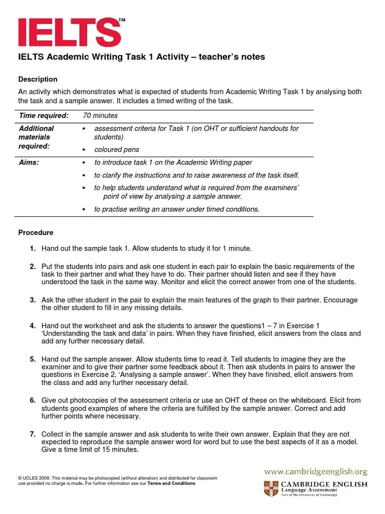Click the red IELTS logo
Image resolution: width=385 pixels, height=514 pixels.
tap(69, 33)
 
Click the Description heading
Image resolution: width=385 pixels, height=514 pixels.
tap(38, 79)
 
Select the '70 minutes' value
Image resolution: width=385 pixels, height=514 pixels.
tap(100, 115)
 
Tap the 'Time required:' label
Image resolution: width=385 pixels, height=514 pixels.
tap(44, 115)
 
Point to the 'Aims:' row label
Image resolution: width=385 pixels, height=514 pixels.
tap(29, 163)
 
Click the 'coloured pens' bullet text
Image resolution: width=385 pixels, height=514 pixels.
tap(117, 150)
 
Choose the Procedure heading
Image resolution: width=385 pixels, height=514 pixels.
tap(36, 233)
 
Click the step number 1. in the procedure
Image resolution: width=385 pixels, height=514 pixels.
tap(33, 248)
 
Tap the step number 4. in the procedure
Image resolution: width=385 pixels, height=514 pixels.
tap(33, 326)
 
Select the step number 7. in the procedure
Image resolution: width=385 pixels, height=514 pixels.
tap(33, 434)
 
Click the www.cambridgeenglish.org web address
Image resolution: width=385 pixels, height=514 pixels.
tap(316, 472)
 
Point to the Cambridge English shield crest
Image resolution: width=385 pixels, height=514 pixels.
tap(271, 488)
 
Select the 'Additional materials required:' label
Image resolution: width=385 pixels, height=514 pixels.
tap(36, 137)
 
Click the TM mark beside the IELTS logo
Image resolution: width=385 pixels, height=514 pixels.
tap(122, 20)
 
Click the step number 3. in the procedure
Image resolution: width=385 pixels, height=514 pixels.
tap(33, 300)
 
